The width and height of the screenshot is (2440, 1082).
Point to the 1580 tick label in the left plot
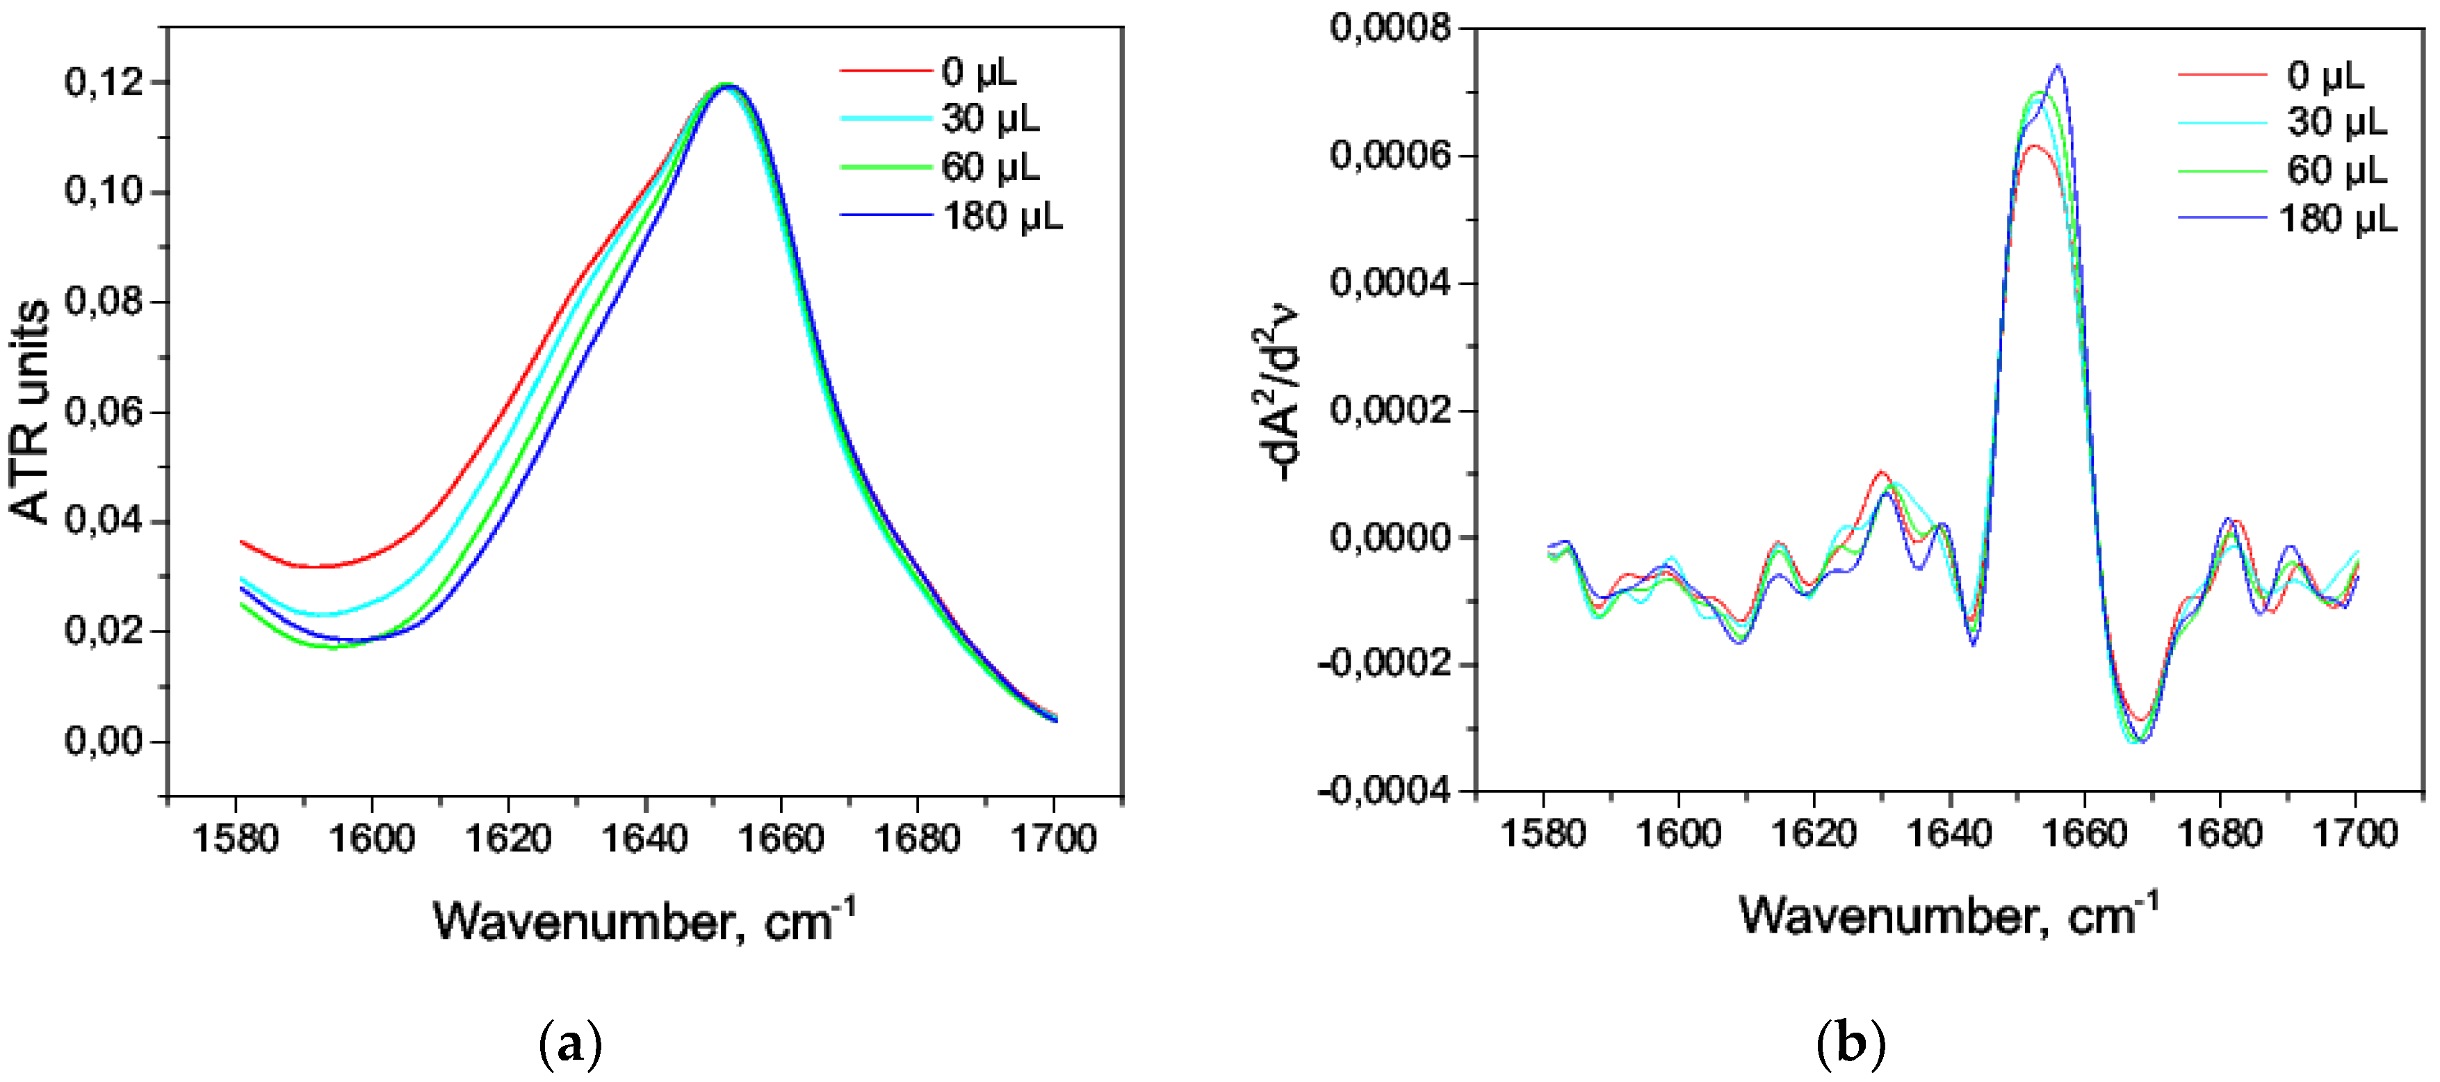[x=235, y=839]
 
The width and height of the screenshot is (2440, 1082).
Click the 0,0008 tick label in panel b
[x=1390, y=28]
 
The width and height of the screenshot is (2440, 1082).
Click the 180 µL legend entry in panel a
[x=1002, y=218]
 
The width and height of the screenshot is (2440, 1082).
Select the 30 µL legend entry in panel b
[x=2336, y=122]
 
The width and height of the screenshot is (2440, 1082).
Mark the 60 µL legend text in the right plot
[x=2336, y=170]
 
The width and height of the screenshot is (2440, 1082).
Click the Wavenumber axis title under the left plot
[x=644, y=919]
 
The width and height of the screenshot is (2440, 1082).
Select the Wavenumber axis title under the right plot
[x=1949, y=915]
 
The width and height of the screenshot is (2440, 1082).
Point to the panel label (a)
[x=569, y=1045]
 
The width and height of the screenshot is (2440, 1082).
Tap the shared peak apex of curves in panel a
[x=726, y=85]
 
